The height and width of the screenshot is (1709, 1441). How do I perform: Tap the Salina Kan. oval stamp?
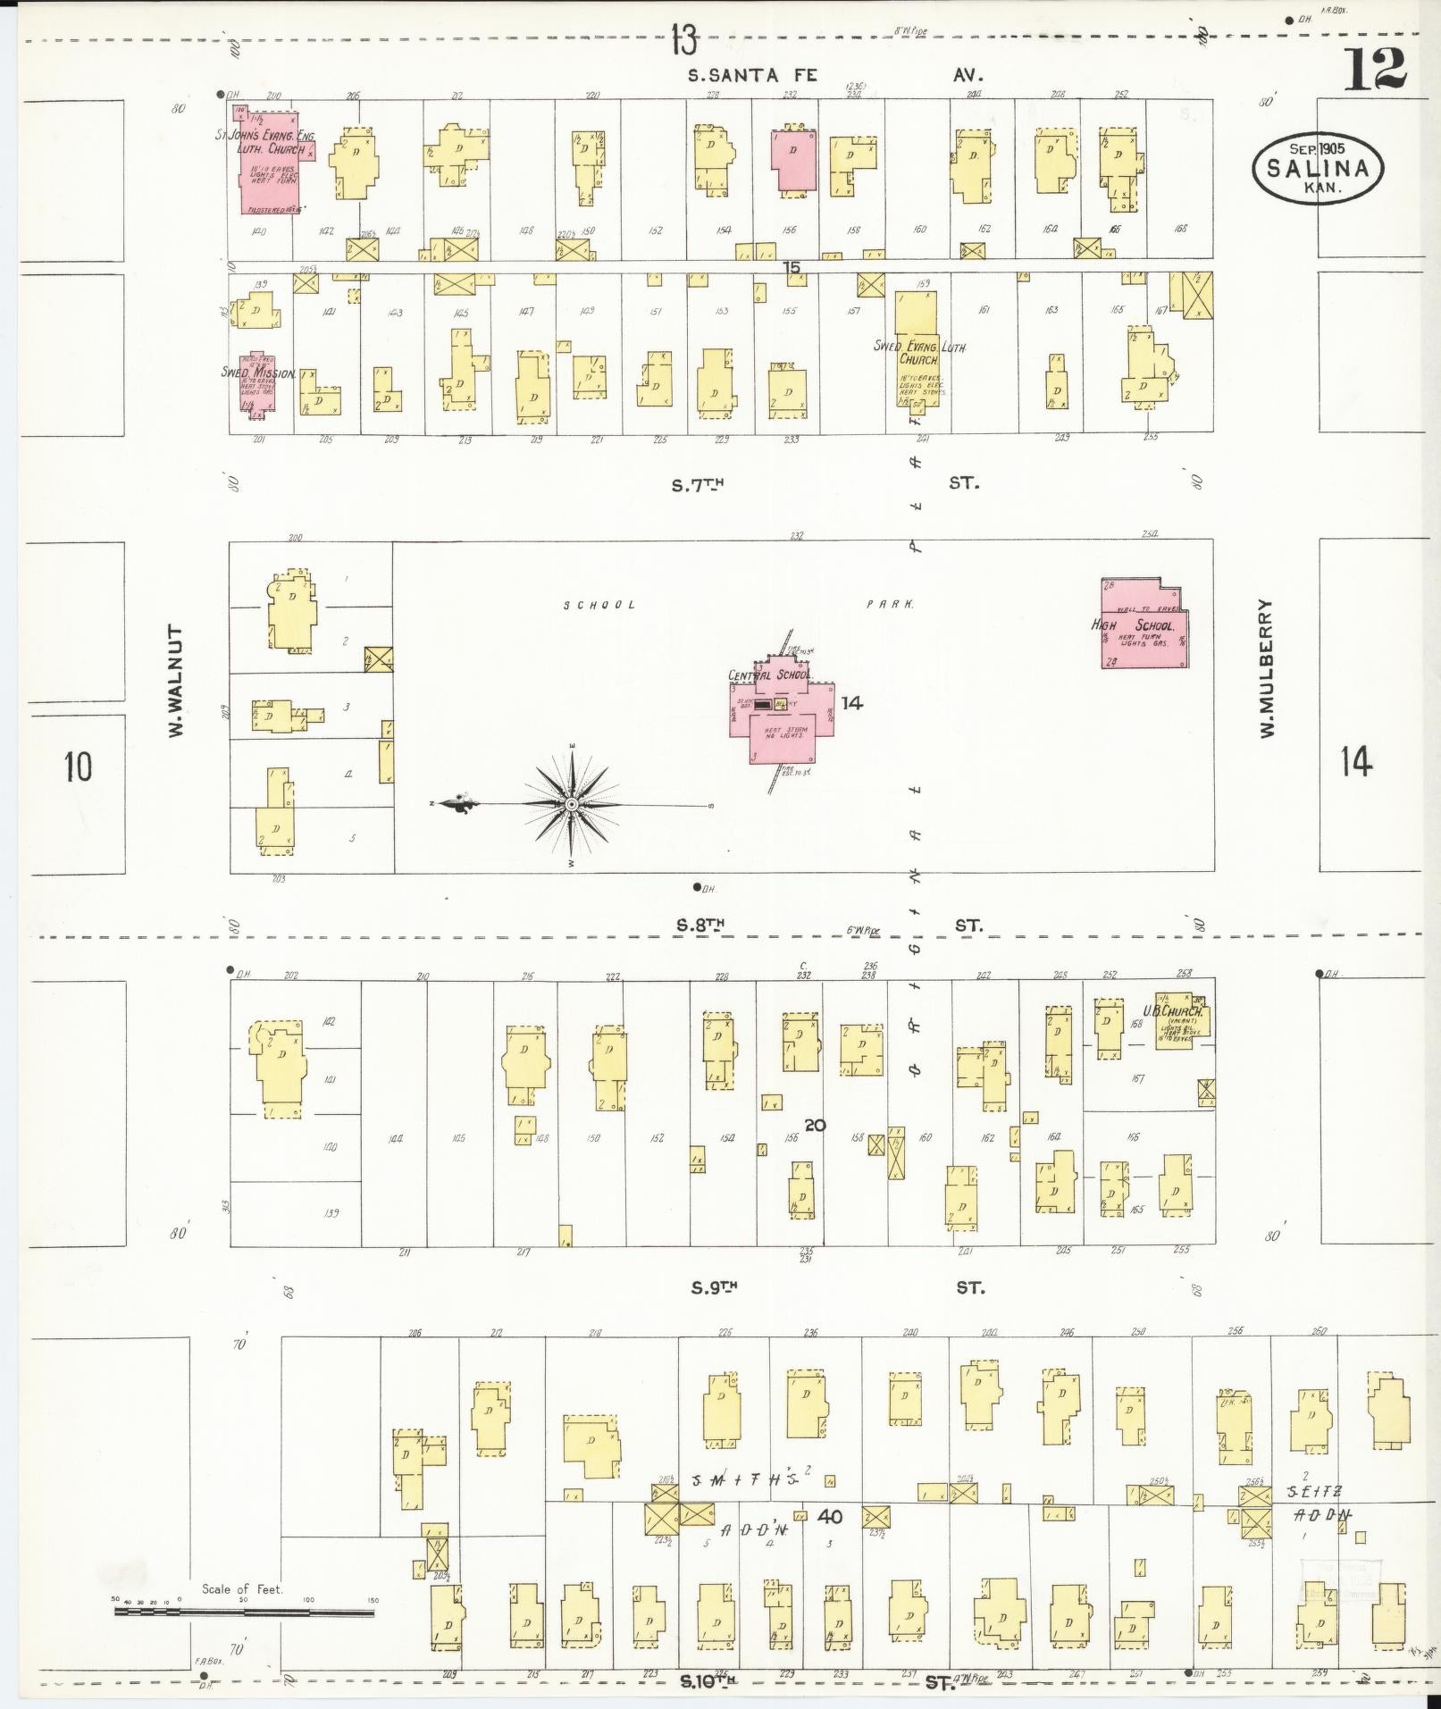coord(1318,167)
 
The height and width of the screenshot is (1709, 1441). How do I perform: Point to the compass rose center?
coord(571,804)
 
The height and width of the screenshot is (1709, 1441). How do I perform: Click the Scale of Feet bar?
coord(243,1613)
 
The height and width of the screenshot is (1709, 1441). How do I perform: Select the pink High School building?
coord(1144,624)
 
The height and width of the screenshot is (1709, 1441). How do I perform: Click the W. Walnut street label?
coord(177,681)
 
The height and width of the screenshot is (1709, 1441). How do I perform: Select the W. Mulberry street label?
coord(1266,667)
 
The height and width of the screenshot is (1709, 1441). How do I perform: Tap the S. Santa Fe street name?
coord(751,75)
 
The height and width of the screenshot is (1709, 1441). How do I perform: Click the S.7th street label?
coord(696,485)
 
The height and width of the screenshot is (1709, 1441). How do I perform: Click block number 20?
coord(814,1126)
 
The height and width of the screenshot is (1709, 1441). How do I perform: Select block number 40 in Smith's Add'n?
coord(829,1516)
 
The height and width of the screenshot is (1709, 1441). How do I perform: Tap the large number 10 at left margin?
coord(78,766)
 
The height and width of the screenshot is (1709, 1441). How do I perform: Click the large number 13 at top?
coord(684,40)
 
